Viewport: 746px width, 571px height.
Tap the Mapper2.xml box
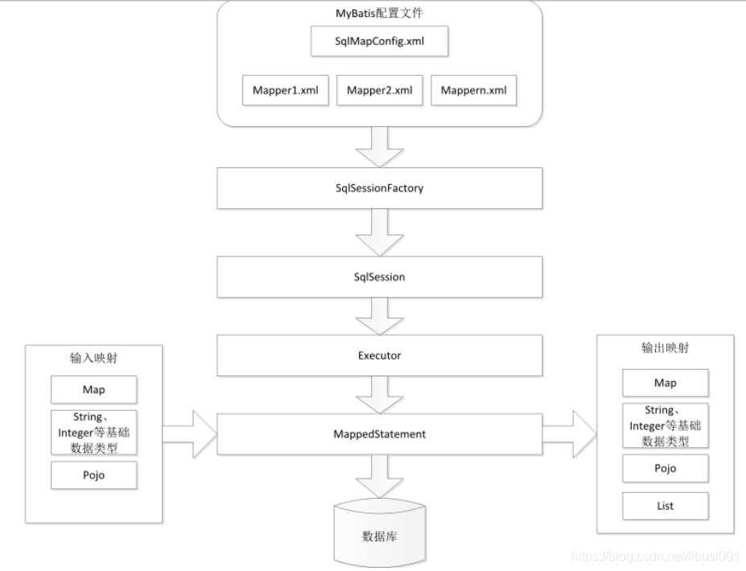coord(379,91)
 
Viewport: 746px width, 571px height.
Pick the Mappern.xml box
coord(473,91)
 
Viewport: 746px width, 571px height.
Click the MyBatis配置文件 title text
coord(379,14)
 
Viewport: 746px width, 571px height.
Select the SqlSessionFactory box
coord(379,189)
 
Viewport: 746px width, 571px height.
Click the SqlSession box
coord(379,277)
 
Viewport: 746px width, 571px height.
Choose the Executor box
coord(379,354)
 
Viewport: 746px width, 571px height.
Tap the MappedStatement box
coord(379,434)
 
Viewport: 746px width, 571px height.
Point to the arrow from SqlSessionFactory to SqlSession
coord(379,233)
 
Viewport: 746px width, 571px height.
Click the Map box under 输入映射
coord(93,390)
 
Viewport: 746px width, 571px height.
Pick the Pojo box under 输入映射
coord(93,474)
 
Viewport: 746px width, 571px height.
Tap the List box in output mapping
coord(665,506)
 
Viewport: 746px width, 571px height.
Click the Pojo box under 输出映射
coord(665,468)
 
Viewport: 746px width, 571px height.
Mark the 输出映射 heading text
coord(665,349)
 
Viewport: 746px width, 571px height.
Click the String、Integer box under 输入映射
coord(93,432)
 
